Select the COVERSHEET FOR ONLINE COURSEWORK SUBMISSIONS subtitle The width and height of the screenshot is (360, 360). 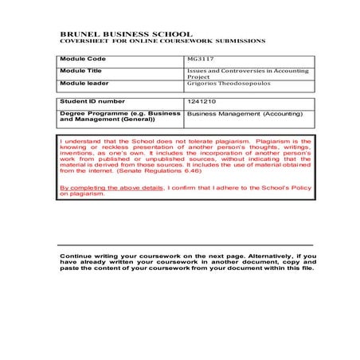click(163, 41)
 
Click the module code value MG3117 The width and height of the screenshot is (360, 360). click(199, 59)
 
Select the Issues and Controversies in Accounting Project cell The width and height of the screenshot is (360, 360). click(246, 74)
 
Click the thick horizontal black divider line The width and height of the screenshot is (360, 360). click(186, 244)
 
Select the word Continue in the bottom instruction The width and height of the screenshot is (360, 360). click(76, 255)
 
